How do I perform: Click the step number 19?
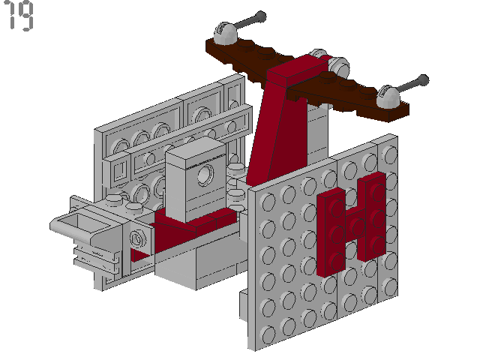(19, 17)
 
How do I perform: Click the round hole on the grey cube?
(202, 178)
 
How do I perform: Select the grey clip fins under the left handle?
(105, 262)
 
